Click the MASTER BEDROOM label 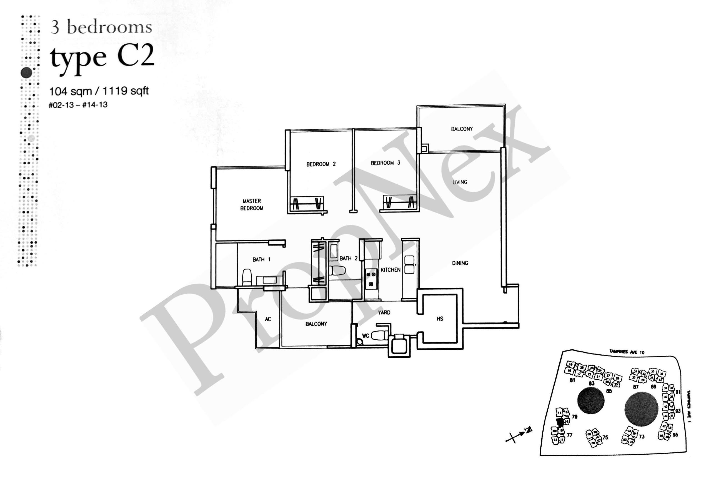click(x=251, y=205)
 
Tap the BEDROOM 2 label click(x=321, y=164)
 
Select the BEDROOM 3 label click(x=385, y=163)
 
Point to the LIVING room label click(x=460, y=182)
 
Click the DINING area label click(x=460, y=263)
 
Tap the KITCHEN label click(x=390, y=270)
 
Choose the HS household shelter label click(x=440, y=319)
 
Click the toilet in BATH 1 click(x=247, y=277)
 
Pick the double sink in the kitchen click(x=409, y=265)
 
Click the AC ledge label click(x=268, y=319)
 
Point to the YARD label click(x=384, y=312)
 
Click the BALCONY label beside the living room click(x=462, y=129)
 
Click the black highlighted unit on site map click(x=559, y=422)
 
